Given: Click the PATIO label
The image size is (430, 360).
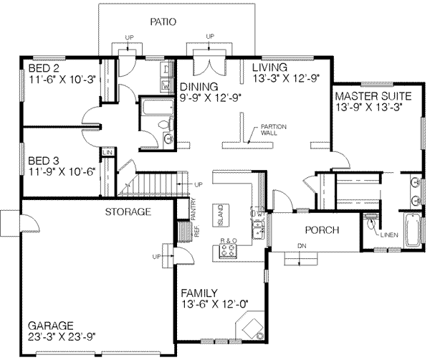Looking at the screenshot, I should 163,22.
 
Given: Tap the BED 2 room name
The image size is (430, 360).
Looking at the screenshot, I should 42,68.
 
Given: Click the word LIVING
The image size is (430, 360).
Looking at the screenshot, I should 269,67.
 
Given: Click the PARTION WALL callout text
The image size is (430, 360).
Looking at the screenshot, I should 274,129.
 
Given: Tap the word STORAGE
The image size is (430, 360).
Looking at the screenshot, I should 128,212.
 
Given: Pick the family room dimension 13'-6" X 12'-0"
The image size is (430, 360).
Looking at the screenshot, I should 215,305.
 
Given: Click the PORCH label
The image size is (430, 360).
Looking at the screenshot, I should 322,230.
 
